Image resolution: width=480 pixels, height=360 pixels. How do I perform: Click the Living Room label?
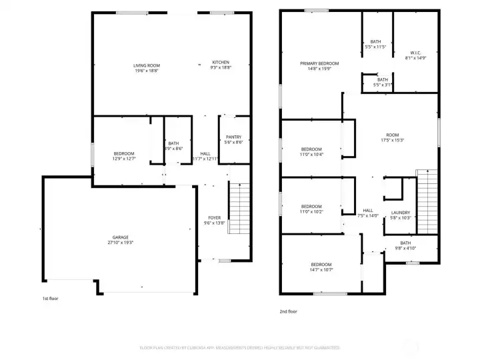tap(147, 67)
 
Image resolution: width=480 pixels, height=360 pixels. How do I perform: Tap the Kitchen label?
tap(220, 65)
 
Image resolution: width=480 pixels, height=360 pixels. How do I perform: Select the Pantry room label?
tap(233, 139)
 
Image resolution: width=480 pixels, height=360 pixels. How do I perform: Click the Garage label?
tap(120, 240)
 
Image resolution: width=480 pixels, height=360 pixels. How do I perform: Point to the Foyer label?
tap(214, 221)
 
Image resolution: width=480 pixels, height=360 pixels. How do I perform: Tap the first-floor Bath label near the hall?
tap(174, 146)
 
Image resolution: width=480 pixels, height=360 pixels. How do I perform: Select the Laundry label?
tap(401, 215)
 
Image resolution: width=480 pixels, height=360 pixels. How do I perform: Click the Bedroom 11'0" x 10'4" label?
tap(311, 151)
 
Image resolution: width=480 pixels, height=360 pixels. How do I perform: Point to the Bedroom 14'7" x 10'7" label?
tap(321, 267)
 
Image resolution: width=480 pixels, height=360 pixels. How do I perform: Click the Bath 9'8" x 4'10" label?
tap(405, 245)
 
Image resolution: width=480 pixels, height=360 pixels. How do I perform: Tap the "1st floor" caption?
tap(51, 298)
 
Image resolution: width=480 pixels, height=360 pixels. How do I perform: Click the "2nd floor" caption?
tap(289, 311)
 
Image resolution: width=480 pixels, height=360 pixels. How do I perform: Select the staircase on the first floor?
tap(238, 208)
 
